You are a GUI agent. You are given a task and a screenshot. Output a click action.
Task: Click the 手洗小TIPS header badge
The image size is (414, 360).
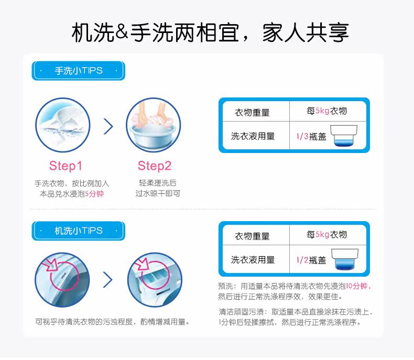(x=79, y=71)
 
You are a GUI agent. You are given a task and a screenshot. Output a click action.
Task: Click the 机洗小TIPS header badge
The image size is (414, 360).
(x=79, y=231)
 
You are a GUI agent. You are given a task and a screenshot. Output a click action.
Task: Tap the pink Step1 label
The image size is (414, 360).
(x=66, y=166)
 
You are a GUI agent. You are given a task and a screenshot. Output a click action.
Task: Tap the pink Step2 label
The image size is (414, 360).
(x=155, y=166)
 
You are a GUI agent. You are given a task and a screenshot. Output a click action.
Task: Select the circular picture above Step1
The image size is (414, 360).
(x=62, y=125)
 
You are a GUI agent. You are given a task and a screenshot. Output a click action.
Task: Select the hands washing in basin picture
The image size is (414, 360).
(x=153, y=125)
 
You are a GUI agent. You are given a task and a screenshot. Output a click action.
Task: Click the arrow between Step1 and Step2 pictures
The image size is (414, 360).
(x=108, y=126)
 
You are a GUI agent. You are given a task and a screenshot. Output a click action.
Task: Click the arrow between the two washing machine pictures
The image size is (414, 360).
(x=108, y=280)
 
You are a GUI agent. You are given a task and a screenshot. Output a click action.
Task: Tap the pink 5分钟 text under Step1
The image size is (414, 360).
(x=94, y=193)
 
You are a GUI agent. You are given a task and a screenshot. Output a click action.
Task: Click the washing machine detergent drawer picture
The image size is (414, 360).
(x=155, y=280)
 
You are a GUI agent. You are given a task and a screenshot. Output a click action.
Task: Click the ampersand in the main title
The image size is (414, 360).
(x=122, y=32)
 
